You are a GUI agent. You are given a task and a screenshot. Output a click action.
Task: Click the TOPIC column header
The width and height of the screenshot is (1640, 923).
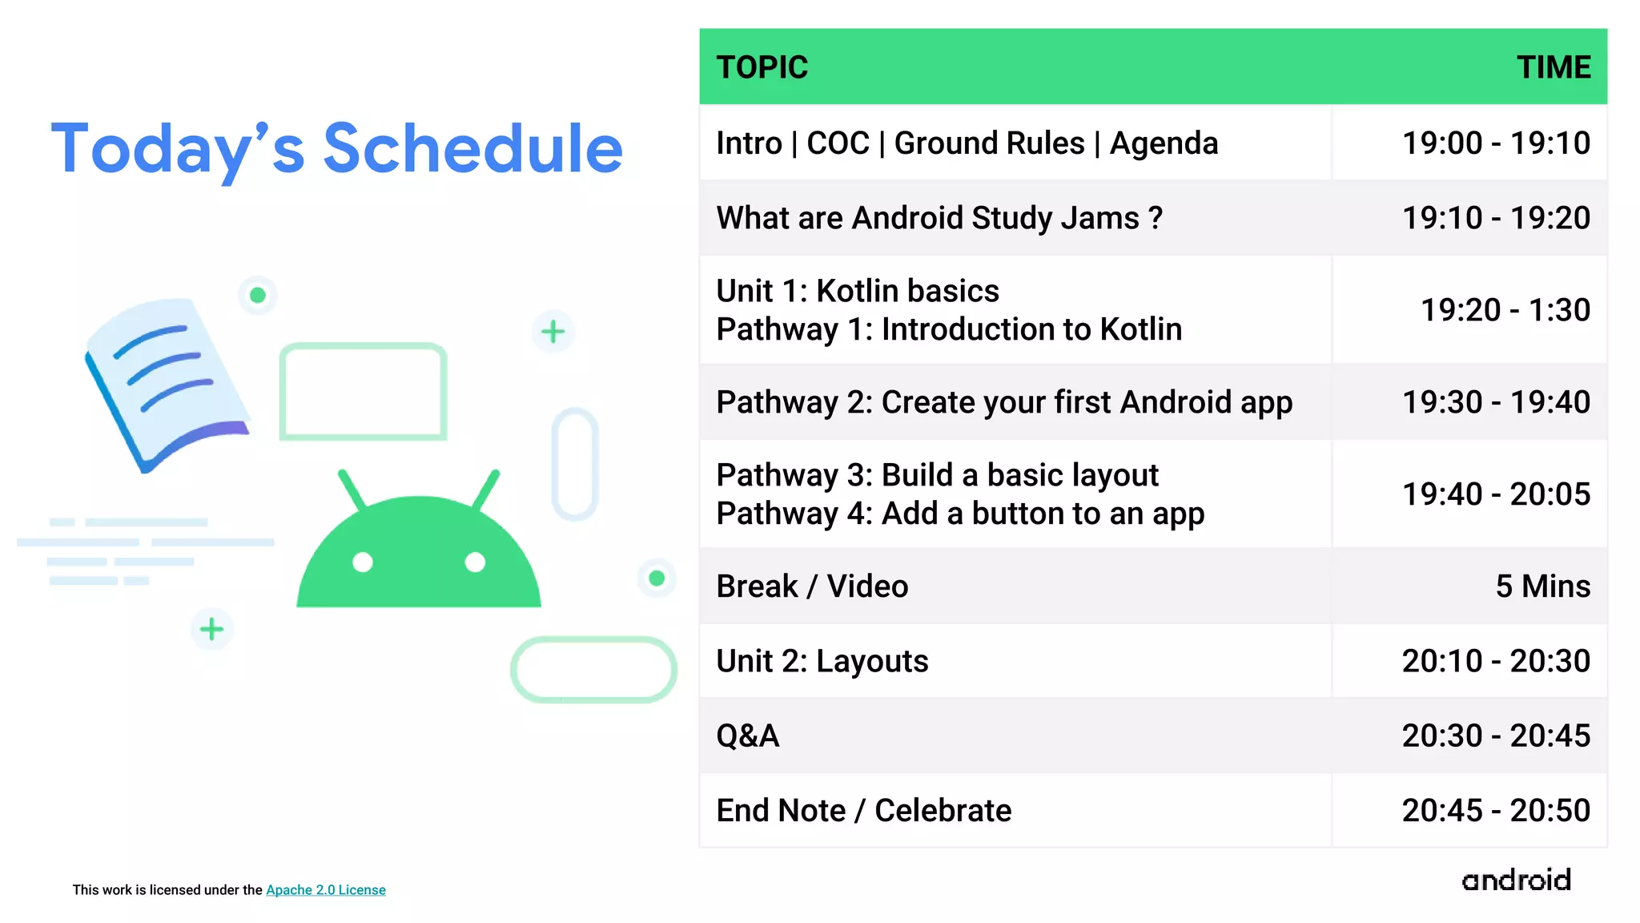point(762,67)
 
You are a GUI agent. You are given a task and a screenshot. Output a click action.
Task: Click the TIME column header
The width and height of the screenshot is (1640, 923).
point(1553,67)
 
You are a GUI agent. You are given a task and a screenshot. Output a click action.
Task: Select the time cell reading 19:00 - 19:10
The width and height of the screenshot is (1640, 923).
point(1495,143)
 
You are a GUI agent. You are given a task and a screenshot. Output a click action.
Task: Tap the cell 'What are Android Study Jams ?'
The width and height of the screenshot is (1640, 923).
point(939,218)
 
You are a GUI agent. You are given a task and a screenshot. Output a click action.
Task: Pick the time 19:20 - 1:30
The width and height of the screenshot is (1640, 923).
point(1504,310)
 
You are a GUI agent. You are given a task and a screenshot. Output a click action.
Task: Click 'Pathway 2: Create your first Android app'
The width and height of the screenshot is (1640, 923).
point(1003,402)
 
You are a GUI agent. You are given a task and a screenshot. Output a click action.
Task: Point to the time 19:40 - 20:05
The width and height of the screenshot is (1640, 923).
point(1495,494)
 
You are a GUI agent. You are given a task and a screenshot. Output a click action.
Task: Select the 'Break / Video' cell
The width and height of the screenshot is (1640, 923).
point(811,586)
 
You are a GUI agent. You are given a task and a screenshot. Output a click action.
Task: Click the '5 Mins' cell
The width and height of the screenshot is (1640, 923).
point(1542,586)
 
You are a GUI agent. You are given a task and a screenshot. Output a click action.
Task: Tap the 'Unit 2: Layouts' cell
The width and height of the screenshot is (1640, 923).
point(822,661)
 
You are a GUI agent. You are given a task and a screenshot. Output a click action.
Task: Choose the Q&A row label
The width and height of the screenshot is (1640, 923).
point(747,736)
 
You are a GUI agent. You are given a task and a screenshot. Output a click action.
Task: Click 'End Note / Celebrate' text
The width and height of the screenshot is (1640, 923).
point(863,811)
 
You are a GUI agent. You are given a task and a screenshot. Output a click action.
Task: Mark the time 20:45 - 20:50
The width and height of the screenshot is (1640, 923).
point(1495,811)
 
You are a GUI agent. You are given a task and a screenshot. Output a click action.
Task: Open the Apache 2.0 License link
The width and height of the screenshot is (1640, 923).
point(325,890)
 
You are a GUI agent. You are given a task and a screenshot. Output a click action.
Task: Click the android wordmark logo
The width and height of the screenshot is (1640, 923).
point(1515,880)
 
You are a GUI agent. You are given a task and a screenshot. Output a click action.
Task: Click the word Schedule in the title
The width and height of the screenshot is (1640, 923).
point(472,149)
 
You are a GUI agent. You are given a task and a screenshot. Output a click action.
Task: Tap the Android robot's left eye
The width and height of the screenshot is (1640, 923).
point(363,562)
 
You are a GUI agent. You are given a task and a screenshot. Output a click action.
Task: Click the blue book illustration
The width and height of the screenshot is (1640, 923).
point(164,381)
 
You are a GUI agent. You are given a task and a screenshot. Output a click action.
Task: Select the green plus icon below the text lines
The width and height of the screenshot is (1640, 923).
point(211,629)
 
